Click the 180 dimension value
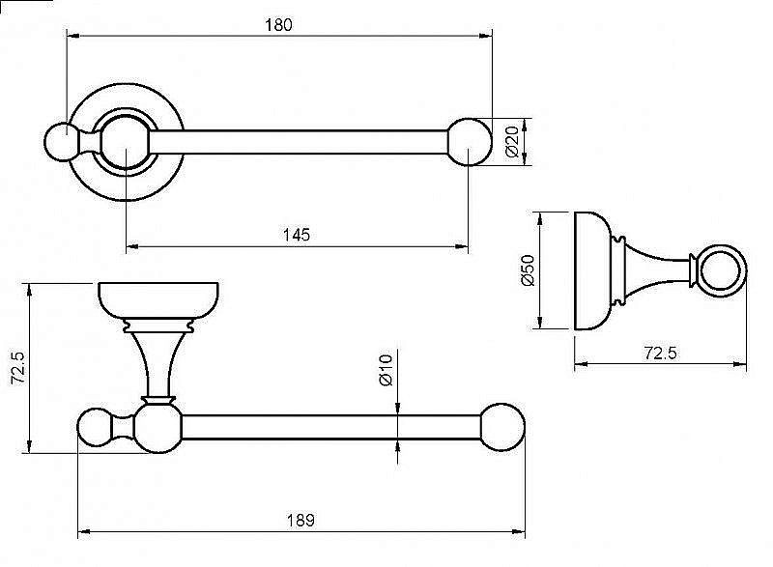(278, 24)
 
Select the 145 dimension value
(297, 235)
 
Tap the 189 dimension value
(301, 521)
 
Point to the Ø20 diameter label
(512, 141)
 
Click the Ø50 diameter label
(528, 269)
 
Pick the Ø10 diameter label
(386, 369)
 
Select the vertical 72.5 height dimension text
(19, 367)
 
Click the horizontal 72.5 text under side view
(661, 354)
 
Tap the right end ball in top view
(470, 142)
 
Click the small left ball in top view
(61, 142)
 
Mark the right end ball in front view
(502, 427)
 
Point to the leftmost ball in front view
(96, 427)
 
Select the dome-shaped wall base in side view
(593, 270)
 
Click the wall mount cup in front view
(158, 301)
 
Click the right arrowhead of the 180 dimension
(486, 36)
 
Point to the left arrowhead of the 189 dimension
(85, 531)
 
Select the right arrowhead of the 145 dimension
(462, 245)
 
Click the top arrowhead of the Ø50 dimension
(540, 219)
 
